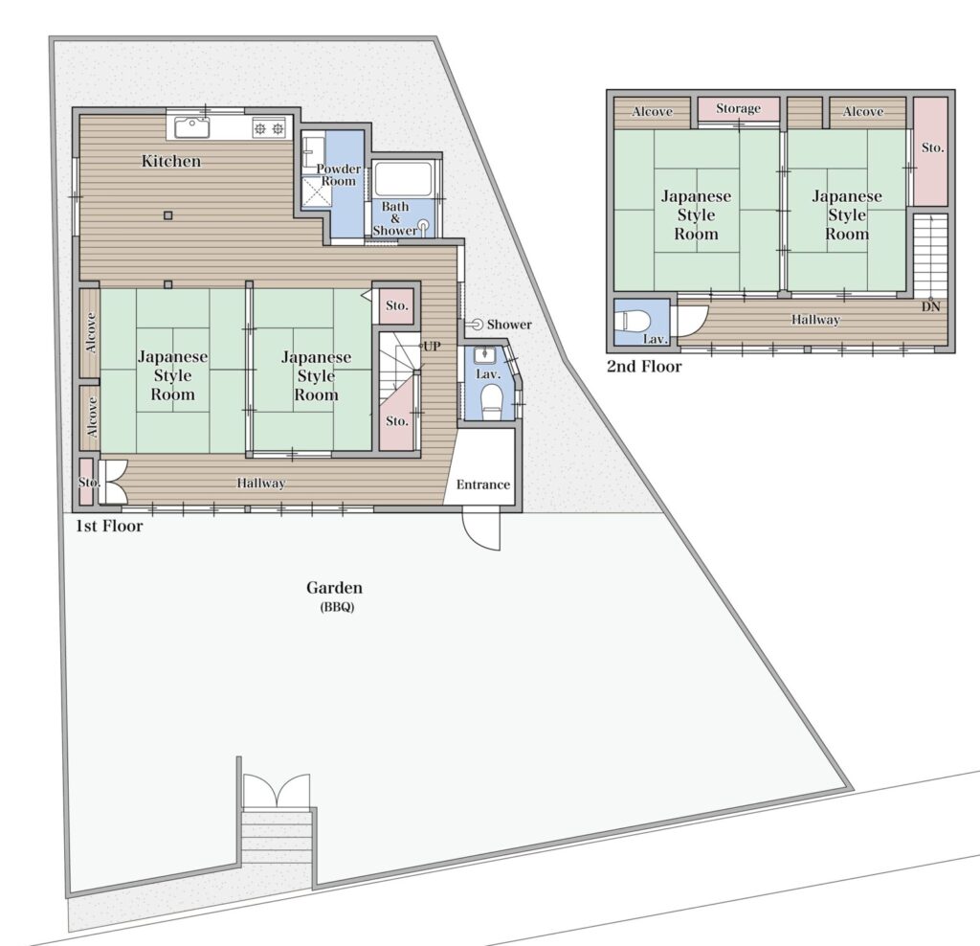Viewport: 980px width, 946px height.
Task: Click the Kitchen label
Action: coord(170,161)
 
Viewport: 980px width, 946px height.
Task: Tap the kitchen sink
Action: coord(191,127)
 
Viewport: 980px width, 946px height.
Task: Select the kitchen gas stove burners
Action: coord(269,129)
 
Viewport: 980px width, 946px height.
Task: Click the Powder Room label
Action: coord(338,174)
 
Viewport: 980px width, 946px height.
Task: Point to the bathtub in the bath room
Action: coord(403,179)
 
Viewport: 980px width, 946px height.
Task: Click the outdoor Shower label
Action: coord(509,325)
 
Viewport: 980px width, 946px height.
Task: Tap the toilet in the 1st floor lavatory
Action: coord(493,400)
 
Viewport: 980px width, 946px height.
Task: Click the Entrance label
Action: coord(483,484)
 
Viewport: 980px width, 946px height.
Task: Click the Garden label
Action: coord(334,588)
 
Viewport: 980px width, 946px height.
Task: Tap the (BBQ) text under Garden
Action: coord(338,606)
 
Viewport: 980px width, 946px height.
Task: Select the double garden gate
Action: coord(277,791)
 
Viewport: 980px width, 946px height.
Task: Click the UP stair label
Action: coord(432,347)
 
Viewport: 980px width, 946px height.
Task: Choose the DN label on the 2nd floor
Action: coord(930,306)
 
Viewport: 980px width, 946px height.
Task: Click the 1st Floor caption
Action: coord(109,527)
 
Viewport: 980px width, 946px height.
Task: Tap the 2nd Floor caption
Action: coord(644,367)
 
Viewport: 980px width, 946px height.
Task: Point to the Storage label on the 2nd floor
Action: coord(738,109)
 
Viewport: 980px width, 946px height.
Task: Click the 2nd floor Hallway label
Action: coord(815,320)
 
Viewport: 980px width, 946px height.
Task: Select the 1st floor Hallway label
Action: coord(260,483)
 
